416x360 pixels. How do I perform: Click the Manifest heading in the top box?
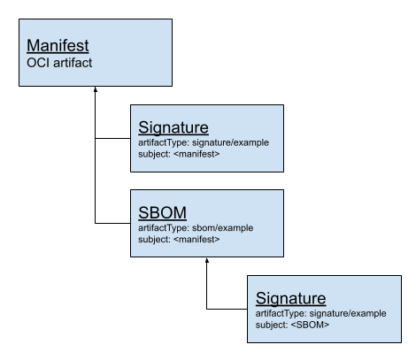(58, 46)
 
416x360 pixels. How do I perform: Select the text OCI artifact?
(59, 63)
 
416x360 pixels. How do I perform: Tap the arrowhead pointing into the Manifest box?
(96, 89)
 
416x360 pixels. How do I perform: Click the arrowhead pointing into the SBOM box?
(207, 260)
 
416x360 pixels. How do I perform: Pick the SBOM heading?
(162, 212)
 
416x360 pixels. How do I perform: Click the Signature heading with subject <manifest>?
(173, 127)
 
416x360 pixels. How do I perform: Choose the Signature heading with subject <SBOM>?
(291, 298)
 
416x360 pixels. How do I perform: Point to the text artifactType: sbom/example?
(196, 228)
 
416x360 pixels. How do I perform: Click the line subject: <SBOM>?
(292, 325)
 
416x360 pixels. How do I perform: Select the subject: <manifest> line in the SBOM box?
(179, 239)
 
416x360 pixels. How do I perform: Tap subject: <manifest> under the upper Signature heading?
(179, 154)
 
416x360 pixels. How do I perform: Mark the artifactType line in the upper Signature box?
(204, 142)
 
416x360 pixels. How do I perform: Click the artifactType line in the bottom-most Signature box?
(320, 313)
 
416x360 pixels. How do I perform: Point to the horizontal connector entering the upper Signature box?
(112, 138)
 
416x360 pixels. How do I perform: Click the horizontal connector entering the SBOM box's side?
(112, 223)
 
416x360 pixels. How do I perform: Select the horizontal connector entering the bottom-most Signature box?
(227, 309)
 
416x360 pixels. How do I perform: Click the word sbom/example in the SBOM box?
(222, 228)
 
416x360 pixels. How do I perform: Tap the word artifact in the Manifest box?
(73, 63)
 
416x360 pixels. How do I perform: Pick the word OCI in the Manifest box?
(38, 63)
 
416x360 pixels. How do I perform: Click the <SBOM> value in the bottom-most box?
(310, 325)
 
